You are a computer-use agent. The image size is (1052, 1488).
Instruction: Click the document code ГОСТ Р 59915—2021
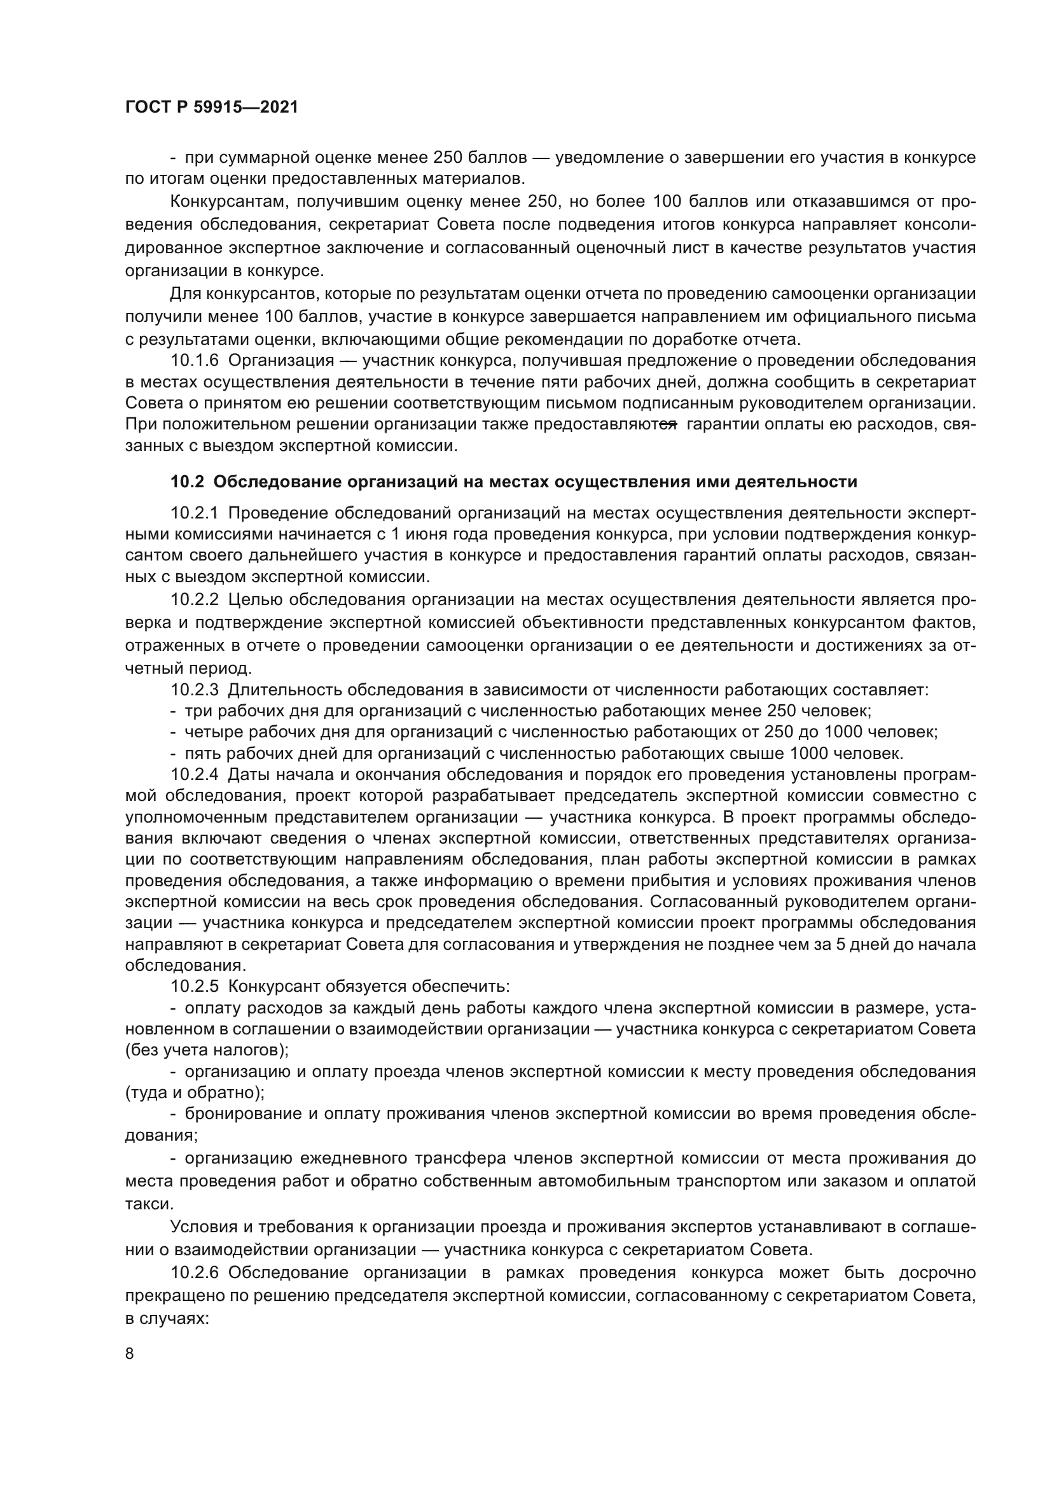pos(212,108)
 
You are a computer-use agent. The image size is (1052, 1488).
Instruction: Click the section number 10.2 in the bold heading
pos(187,482)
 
